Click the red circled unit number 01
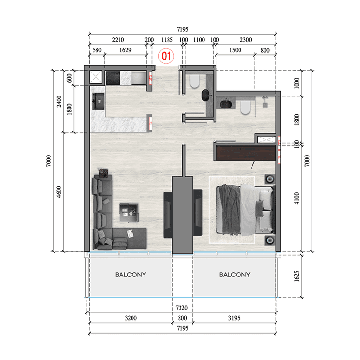click(x=166, y=56)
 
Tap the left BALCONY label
click(x=131, y=275)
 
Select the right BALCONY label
click(x=234, y=275)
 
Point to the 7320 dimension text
click(x=181, y=307)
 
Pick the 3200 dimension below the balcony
click(x=131, y=318)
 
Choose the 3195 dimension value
click(x=234, y=318)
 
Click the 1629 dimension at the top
click(x=125, y=50)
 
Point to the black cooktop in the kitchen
click(x=115, y=77)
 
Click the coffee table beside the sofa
click(x=129, y=212)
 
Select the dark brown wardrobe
click(x=245, y=153)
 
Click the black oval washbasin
click(x=206, y=95)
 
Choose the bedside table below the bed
click(x=269, y=240)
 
